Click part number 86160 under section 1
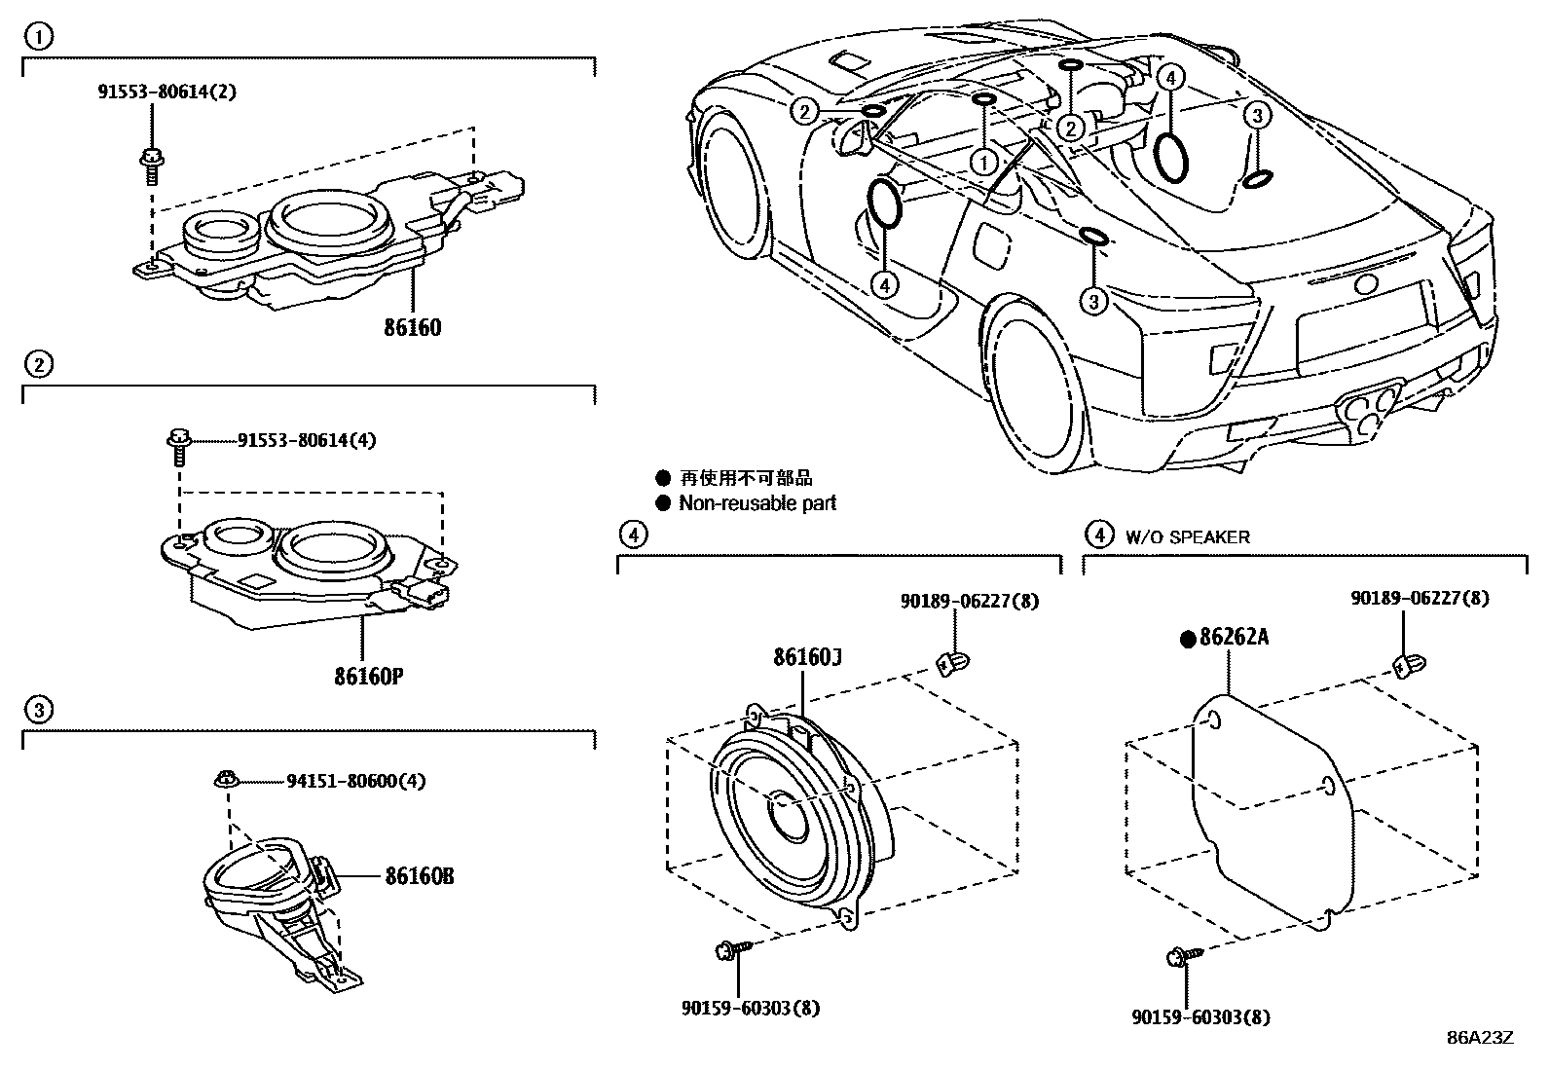[412, 327]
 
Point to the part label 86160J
[807, 658]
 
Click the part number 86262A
[1234, 638]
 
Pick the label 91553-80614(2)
[166, 92]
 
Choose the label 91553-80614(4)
[307, 440]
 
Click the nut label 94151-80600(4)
[355, 781]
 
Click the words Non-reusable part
[757, 503]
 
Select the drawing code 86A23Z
[1480, 1038]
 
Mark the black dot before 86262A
[1187, 639]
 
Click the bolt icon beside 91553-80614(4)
[178, 445]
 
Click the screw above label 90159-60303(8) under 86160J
[731, 949]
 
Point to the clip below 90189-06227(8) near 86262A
[1406, 667]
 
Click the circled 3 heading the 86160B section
[37, 710]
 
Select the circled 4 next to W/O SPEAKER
[1098, 535]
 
